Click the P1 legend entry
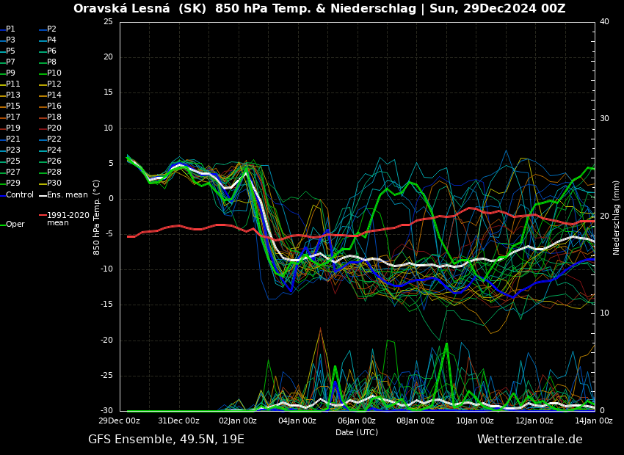point(10,29)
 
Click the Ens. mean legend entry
point(67,194)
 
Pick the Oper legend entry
point(15,224)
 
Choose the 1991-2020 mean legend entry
point(68,219)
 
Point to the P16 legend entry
point(54,106)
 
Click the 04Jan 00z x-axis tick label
point(297,421)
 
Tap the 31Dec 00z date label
point(179,421)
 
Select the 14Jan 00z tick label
point(593,421)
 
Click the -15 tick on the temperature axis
point(107,305)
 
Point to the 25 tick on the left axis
point(109,21)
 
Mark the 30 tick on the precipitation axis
point(604,118)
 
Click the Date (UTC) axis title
point(357,432)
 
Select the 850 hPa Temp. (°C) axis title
point(96,216)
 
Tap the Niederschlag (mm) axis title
point(616,217)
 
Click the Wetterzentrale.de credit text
point(529,439)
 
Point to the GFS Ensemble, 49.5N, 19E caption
point(166,439)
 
